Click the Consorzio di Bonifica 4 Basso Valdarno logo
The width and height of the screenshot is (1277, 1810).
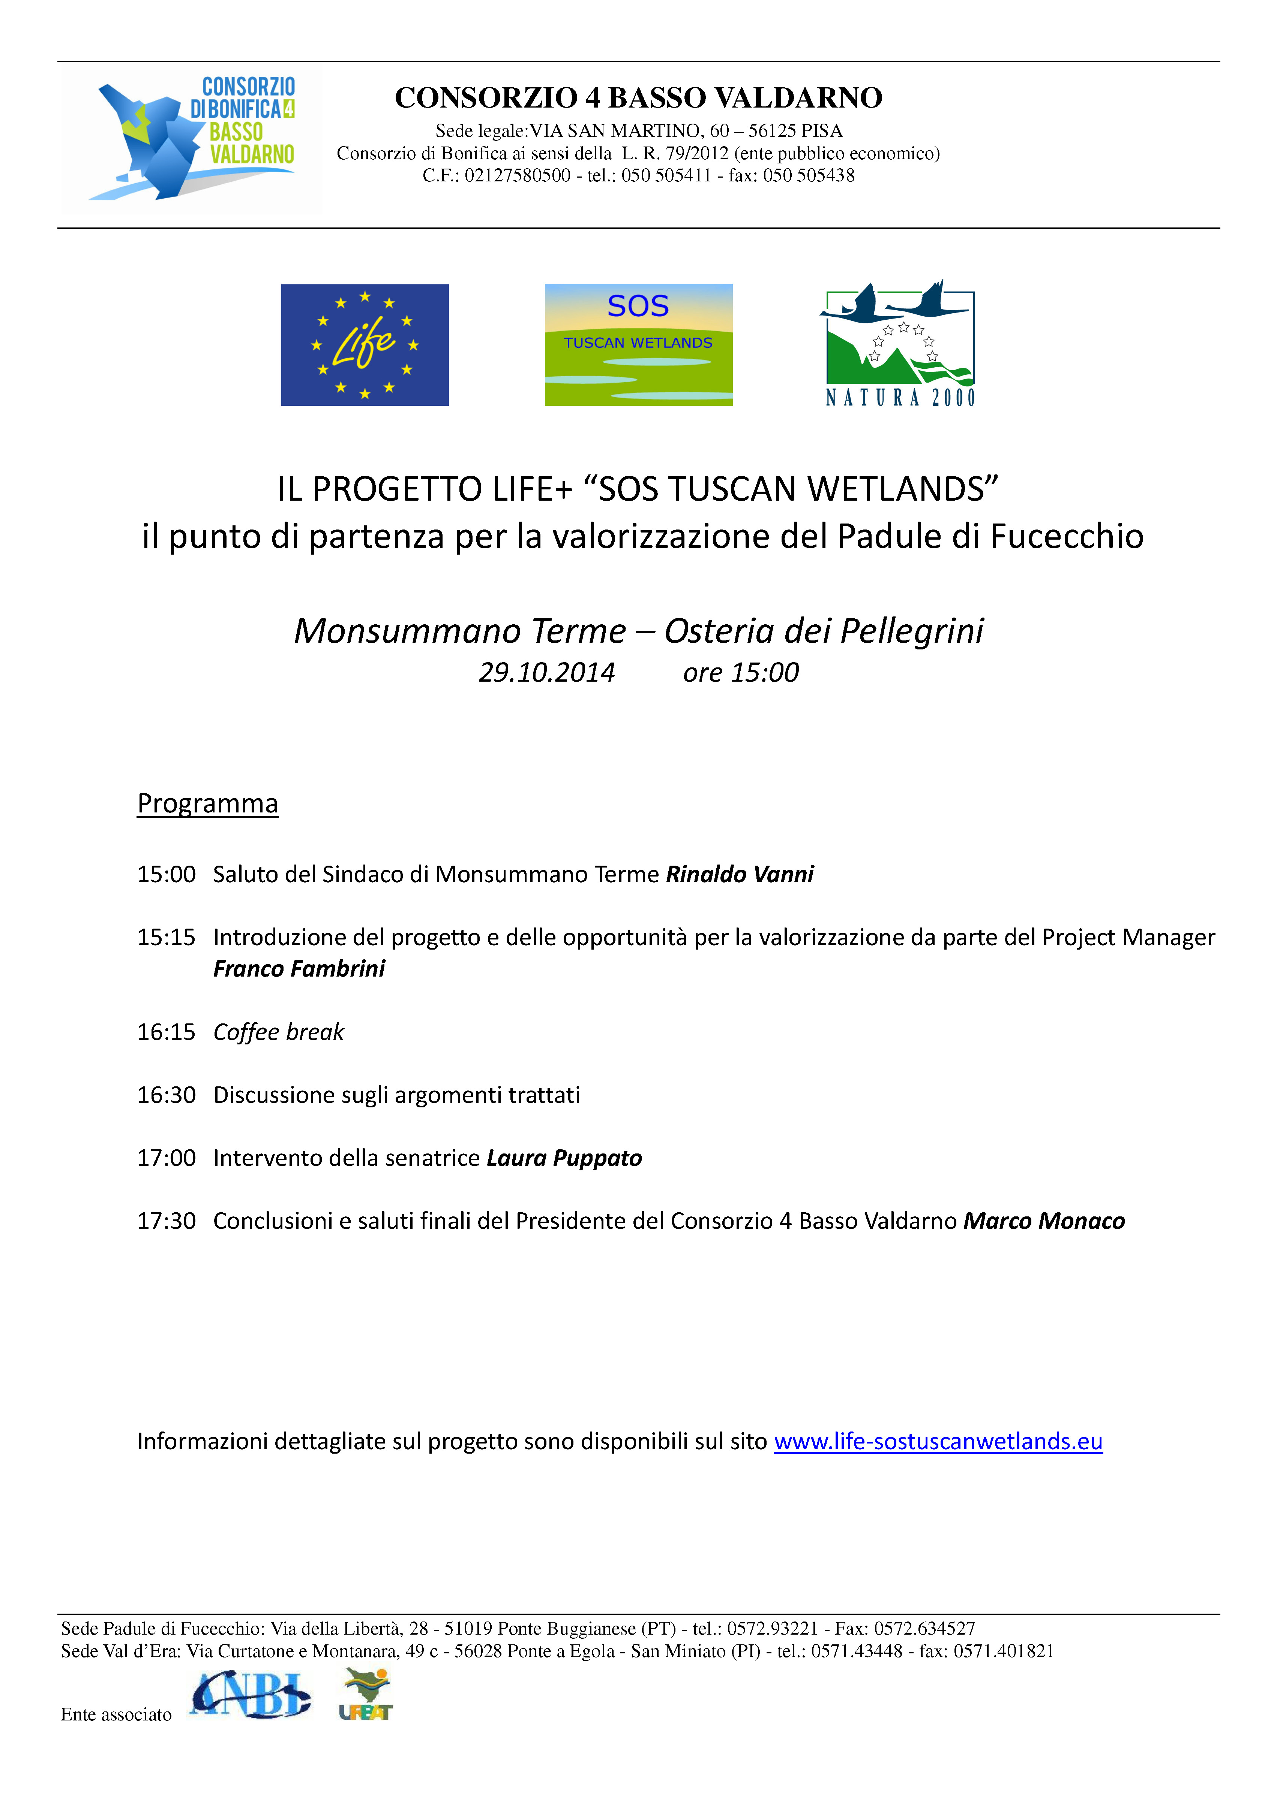192,139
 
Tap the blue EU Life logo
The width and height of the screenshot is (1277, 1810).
365,344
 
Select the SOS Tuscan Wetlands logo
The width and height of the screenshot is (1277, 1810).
638,344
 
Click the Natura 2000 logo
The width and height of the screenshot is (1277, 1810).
899,344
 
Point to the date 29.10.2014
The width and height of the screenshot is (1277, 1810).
546,672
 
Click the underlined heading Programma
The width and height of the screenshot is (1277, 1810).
207,803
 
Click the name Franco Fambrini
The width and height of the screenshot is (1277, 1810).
299,969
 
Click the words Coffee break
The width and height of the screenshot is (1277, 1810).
278,1032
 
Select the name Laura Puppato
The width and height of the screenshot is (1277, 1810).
564,1158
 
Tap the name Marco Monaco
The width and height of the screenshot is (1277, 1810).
1043,1221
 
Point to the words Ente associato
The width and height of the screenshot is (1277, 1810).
116,1714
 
